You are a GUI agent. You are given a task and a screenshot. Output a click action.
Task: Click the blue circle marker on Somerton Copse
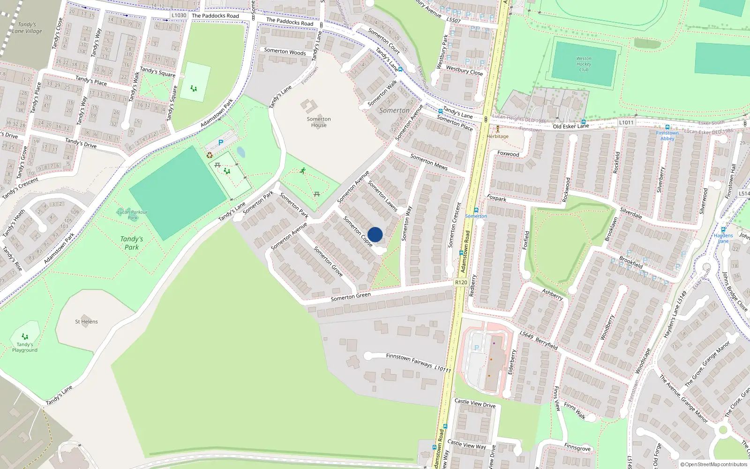pos(375,234)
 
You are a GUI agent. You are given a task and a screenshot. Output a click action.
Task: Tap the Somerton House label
pos(319,122)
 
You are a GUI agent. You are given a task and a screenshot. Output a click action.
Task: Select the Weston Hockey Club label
pos(584,64)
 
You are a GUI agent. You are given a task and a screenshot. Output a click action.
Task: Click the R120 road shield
pos(461,282)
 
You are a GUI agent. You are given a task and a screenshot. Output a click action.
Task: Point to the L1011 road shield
pos(626,122)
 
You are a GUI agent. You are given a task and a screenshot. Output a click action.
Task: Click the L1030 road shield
pos(179,15)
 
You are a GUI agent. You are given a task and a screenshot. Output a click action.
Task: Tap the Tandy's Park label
pos(132,243)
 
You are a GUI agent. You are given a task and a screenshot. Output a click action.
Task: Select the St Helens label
pos(86,322)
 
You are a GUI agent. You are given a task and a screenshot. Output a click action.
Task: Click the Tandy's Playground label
pos(25,347)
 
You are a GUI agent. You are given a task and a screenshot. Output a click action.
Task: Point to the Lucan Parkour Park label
pos(132,215)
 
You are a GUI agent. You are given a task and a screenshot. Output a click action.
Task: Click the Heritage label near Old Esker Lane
pos(497,136)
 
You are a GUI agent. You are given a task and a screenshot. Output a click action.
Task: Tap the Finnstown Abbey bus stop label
pos(667,136)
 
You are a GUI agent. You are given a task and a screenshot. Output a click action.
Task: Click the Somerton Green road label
pos(351,296)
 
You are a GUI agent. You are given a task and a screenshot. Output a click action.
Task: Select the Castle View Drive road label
pos(475,403)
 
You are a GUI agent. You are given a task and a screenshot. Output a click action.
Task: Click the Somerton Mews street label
pos(428,162)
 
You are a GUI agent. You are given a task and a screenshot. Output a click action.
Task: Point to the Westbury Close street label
pos(464,70)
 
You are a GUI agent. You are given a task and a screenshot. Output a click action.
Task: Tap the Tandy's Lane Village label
pos(27,28)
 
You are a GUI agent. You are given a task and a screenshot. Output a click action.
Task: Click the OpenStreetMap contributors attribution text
pos(713,464)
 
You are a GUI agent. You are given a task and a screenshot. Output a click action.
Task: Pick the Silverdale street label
pos(631,213)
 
